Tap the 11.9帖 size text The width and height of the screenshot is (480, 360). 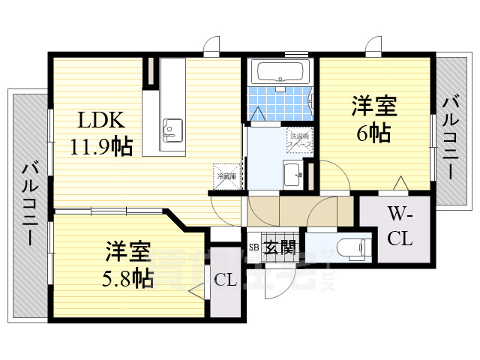click(x=102, y=145)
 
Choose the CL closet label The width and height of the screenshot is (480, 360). click(x=226, y=280)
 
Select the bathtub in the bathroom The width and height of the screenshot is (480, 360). click(x=279, y=73)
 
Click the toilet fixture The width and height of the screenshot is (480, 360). click(x=349, y=247)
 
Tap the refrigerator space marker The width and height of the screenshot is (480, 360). click(x=226, y=175)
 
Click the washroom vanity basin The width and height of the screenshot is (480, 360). click(x=291, y=174)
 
